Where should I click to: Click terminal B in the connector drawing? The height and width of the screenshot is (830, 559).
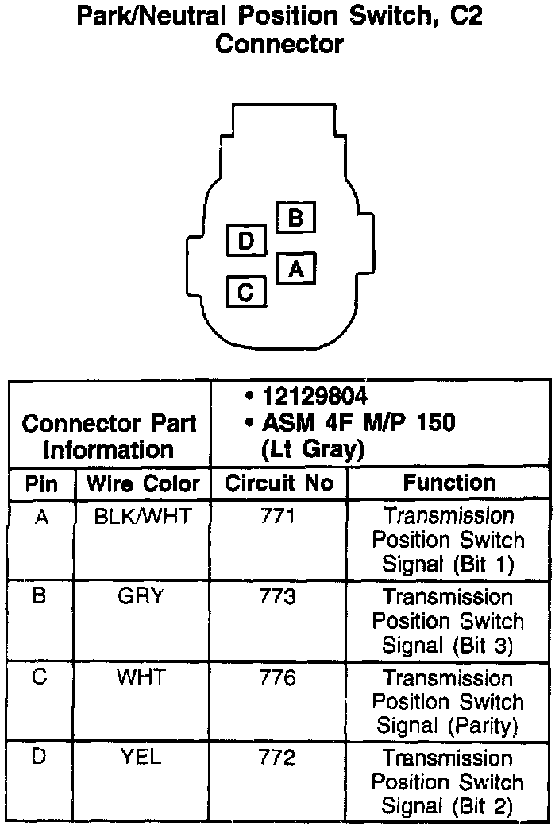click(x=295, y=216)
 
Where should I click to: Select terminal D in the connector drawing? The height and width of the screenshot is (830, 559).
click(x=246, y=241)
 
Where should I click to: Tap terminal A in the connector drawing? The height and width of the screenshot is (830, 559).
click(x=296, y=269)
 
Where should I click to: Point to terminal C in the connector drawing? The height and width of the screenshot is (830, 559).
click(x=246, y=292)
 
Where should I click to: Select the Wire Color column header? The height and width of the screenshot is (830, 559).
click(x=143, y=483)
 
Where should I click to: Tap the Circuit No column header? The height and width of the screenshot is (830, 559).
click(x=279, y=483)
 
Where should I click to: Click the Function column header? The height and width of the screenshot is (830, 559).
click(x=449, y=483)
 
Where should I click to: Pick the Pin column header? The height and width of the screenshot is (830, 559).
click(x=42, y=483)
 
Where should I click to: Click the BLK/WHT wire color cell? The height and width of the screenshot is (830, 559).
click(x=143, y=516)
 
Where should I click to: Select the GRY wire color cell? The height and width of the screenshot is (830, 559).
click(x=141, y=596)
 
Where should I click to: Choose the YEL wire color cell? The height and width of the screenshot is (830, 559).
click(x=141, y=757)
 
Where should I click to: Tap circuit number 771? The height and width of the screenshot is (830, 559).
click(x=277, y=516)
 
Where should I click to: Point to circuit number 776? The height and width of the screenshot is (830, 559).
click(x=277, y=677)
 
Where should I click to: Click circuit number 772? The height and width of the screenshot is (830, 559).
click(x=277, y=757)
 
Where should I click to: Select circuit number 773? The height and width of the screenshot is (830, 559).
click(x=277, y=596)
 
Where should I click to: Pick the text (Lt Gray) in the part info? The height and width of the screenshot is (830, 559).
click(x=312, y=450)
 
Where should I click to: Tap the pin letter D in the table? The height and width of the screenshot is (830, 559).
click(x=40, y=757)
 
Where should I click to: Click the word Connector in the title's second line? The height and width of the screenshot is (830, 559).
click(x=279, y=44)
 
